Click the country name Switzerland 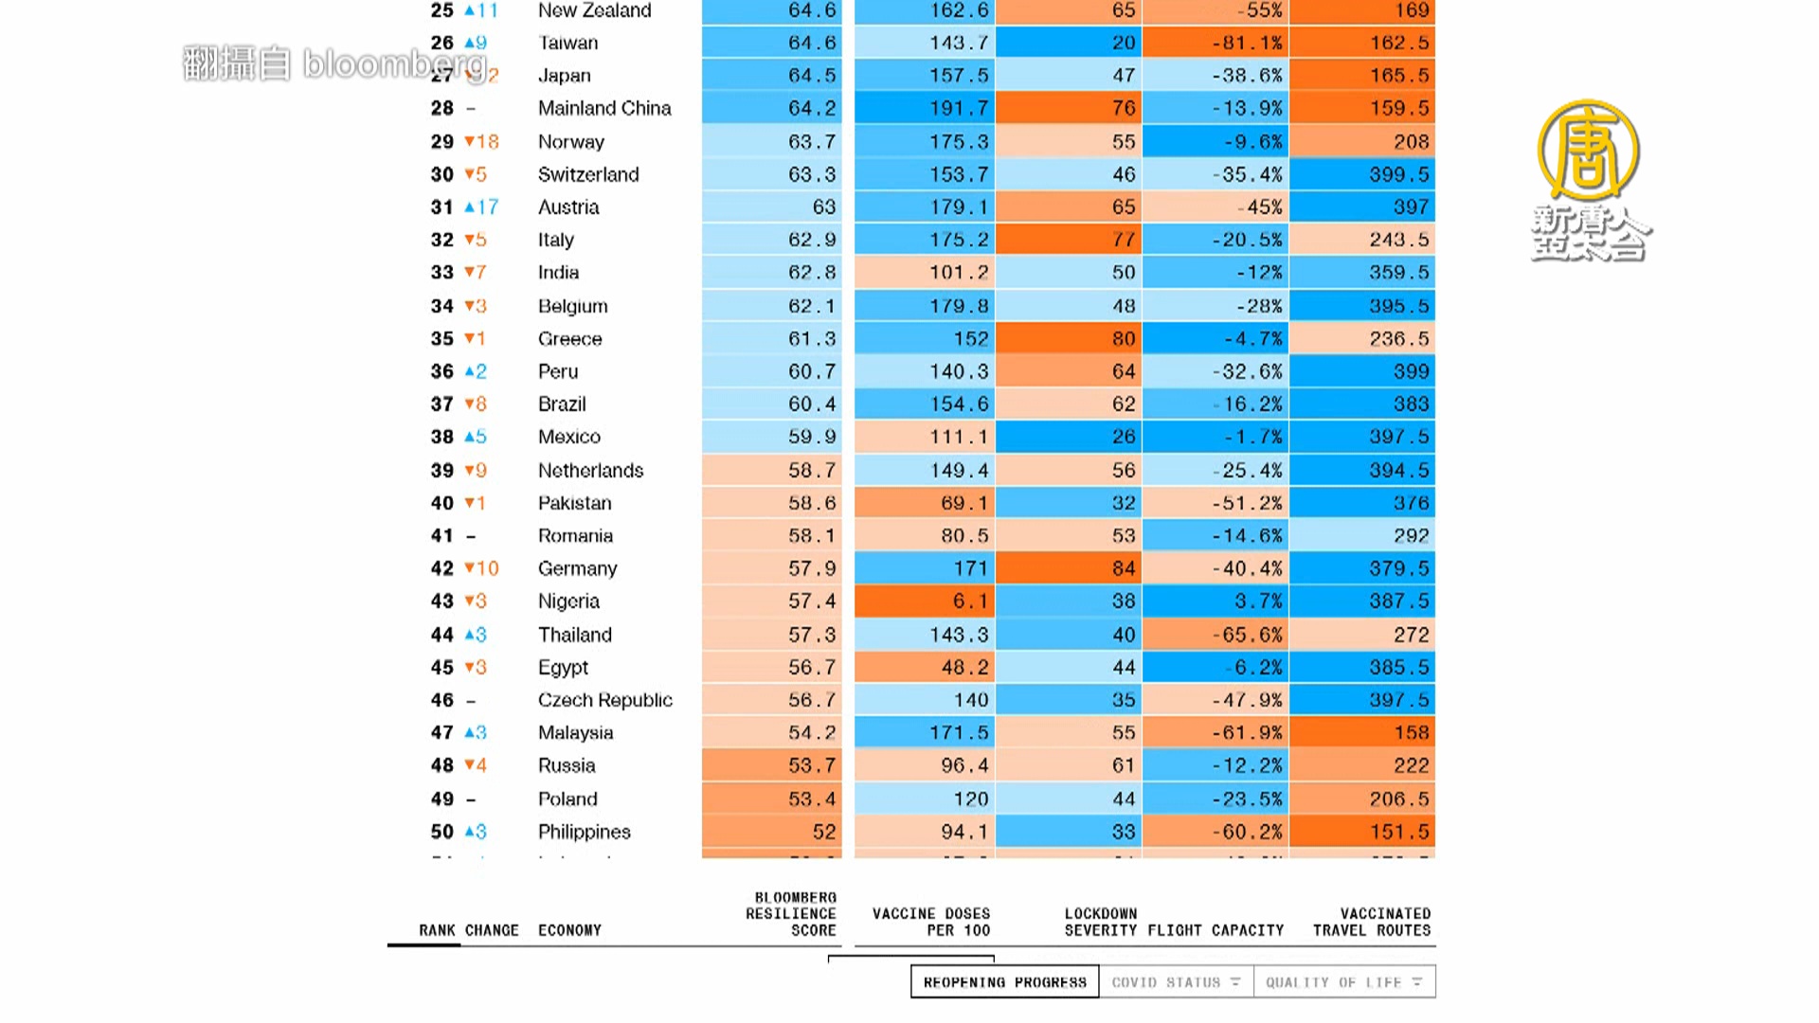[x=588, y=174]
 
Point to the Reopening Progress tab [x=1004, y=982]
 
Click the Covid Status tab [x=1176, y=982]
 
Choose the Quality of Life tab [x=1343, y=982]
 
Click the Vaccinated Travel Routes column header [x=1371, y=922]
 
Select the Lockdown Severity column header [x=1100, y=922]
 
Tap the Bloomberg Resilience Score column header [x=791, y=914]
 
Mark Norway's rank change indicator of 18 [x=481, y=142]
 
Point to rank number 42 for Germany [x=441, y=568]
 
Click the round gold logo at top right [x=1588, y=150]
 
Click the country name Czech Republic [x=604, y=700]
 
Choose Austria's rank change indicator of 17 [x=481, y=207]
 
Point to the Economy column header [x=569, y=930]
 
